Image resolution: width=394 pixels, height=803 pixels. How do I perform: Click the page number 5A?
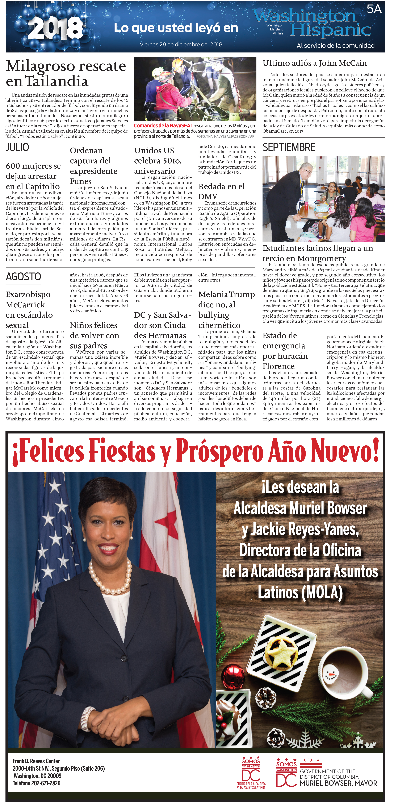click(374, 9)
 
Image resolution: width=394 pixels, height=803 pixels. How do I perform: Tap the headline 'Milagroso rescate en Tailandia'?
click(66, 74)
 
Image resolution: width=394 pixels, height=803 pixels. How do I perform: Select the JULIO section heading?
click(17, 147)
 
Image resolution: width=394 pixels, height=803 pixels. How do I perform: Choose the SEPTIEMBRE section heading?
click(289, 147)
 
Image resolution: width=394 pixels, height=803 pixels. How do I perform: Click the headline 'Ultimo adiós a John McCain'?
click(315, 63)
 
